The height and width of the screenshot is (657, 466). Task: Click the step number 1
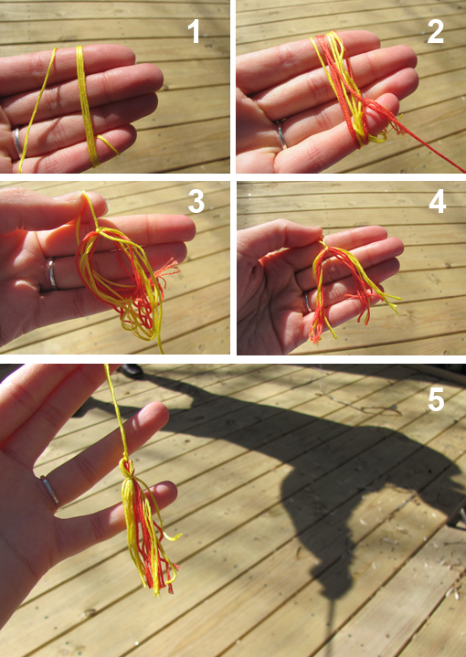pyautogui.click(x=194, y=32)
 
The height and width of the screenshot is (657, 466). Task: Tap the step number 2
pyautogui.click(x=436, y=32)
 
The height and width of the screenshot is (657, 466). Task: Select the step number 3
pyautogui.click(x=196, y=202)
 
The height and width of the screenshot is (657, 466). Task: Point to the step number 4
pyautogui.click(x=438, y=202)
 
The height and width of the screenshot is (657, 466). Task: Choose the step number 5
pyautogui.click(x=436, y=399)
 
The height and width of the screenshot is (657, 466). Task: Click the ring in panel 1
pyautogui.click(x=16, y=141)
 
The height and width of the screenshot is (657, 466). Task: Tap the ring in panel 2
pyautogui.click(x=281, y=133)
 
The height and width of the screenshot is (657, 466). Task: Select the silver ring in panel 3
pyautogui.click(x=51, y=273)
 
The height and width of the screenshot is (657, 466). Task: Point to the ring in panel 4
pyautogui.click(x=308, y=302)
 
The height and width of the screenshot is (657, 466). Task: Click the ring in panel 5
pyautogui.click(x=50, y=491)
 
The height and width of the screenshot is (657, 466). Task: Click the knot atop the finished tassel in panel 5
pyautogui.click(x=127, y=467)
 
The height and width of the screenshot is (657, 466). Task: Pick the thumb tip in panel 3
pyautogui.click(x=90, y=199)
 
